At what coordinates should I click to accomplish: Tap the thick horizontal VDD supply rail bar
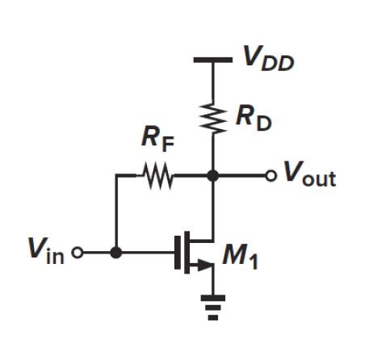tap(213, 60)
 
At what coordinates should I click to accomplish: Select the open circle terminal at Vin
tap(78, 252)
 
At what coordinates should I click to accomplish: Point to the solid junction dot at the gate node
tap(116, 252)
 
